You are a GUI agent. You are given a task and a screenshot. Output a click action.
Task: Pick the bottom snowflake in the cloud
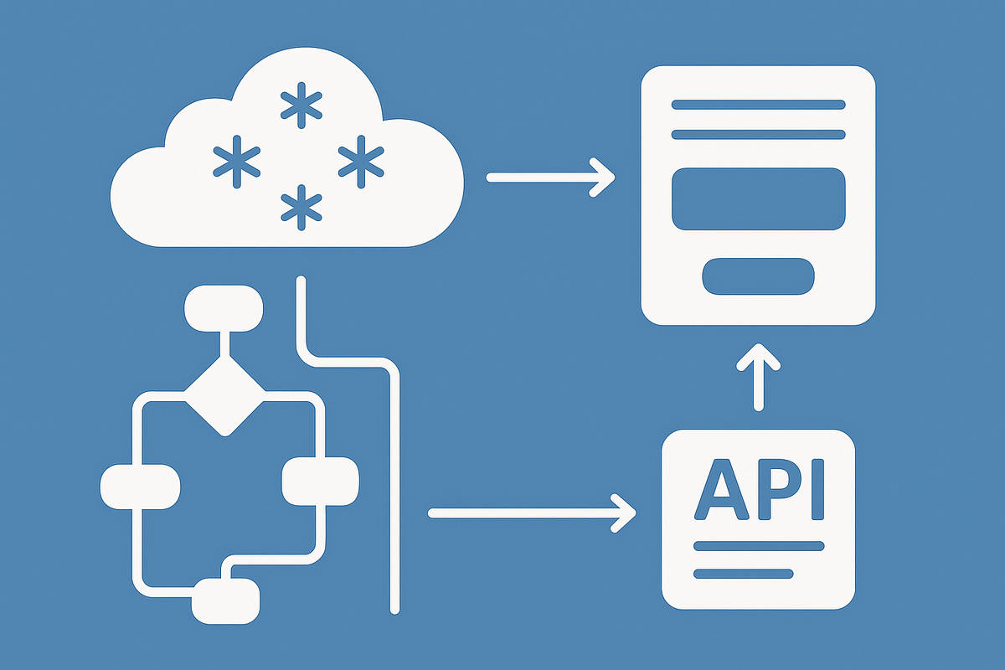tap(300, 208)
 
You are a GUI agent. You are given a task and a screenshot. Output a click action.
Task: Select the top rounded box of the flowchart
tap(223, 307)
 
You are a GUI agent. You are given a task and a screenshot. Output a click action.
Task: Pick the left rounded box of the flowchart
tap(140, 485)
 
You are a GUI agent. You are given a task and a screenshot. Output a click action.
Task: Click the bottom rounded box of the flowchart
tap(225, 600)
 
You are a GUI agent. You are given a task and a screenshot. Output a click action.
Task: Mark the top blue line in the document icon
tap(758, 105)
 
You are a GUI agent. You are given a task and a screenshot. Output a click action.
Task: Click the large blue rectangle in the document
tap(758, 198)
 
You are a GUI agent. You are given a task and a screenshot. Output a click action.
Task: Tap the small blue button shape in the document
tap(758, 276)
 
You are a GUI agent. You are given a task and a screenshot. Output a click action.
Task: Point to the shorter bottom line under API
tap(744, 574)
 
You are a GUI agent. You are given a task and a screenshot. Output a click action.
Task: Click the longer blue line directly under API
tap(758, 546)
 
